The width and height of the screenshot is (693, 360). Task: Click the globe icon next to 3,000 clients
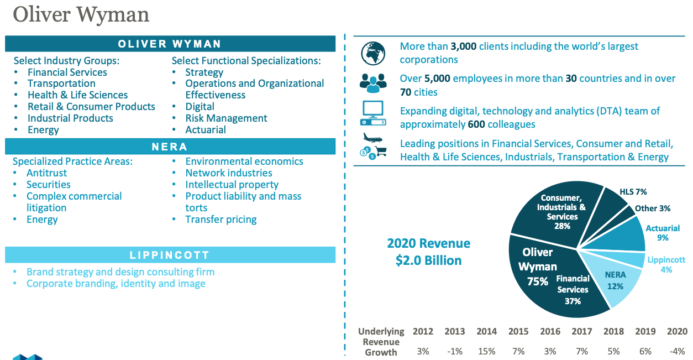tap(373, 53)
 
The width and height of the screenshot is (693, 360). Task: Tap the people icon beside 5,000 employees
tap(373, 84)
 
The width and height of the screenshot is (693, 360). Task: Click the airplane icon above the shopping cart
tap(371, 138)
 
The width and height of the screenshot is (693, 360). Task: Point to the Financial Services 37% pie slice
tap(573, 290)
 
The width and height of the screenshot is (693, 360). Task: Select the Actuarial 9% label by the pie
tap(663, 233)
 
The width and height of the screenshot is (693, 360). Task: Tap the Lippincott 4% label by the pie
tap(666, 264)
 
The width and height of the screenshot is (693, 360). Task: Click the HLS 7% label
tap(633, 192)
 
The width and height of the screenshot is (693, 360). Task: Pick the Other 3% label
tap(653, 208)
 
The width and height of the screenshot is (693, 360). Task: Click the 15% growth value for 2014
tap(486, 351)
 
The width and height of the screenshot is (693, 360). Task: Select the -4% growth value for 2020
tap(676, 351)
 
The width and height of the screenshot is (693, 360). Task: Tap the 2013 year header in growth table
tap(455, 331)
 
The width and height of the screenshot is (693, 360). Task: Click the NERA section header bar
tap(170, 147)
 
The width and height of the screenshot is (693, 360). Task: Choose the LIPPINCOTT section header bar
tap(170, 255)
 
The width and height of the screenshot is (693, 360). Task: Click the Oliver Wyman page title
tap(81, 15)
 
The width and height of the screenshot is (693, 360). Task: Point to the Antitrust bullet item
tap(46, 173)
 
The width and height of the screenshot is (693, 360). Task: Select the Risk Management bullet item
tap(226, 118)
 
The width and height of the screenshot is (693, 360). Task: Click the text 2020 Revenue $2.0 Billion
tap(428, 252)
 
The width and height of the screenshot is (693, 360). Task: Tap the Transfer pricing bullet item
tap(221, 220)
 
